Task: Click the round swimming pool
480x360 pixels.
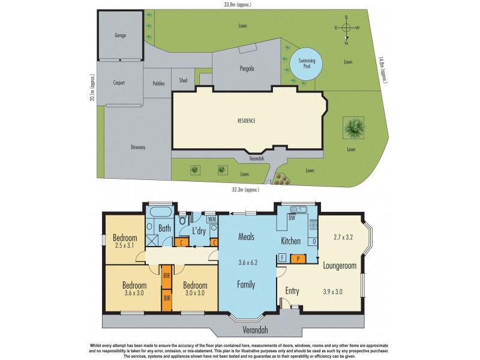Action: [305, 62]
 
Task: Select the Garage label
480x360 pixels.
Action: [121, 35]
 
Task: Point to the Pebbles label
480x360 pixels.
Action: [158, 83]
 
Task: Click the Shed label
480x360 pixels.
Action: [183, 80]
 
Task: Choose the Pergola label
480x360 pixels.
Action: [247, 69]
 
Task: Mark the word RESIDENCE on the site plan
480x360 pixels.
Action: [246, 121]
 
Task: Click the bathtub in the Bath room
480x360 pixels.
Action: [160, 212]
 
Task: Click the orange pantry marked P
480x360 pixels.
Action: [299, 259]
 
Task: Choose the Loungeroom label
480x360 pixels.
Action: [340, 265]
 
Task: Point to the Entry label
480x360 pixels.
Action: [292, 291]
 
